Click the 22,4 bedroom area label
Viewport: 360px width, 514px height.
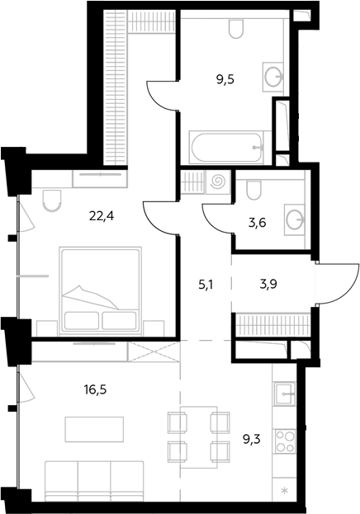[x=102, y=216]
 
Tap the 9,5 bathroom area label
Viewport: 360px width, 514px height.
[x=225, y=79]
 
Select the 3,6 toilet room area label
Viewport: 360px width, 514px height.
[x=257, y=223]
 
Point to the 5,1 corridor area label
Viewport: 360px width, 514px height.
[x=206, y=285]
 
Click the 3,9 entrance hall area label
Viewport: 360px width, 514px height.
[x=268, y=284]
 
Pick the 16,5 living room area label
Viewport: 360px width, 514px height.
[x=95, y=390]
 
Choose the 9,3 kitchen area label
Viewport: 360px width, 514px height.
[x=251, y=439]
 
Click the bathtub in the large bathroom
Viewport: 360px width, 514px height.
[x=226, y=148]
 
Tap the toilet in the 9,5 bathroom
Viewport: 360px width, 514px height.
[x=236, y=29]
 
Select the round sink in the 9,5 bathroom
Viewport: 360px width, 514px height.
[x=272, y=77]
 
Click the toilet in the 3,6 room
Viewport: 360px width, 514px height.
[x=253, y=190]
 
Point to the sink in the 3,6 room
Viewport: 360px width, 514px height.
[x=294, y=219]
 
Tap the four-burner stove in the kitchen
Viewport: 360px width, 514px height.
[x=285, y=441]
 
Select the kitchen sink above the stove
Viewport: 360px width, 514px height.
[x=285, y=394]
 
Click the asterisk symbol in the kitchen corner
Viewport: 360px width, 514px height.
[x=285, y=491]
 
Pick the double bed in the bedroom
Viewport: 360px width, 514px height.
[x=100, y=291]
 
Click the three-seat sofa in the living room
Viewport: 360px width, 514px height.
[x=94, y=481]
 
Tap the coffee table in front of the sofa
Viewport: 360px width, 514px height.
[x=94, y=429]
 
